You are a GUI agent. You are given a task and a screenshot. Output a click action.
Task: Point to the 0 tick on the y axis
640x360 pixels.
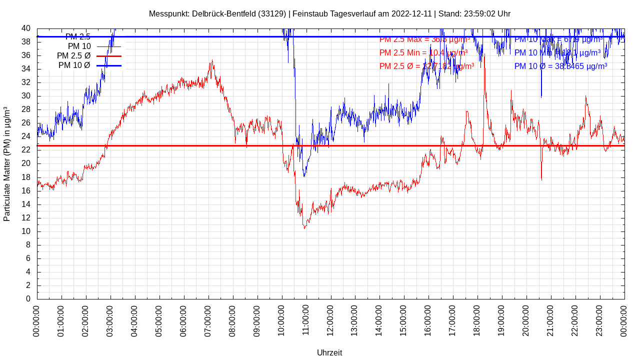click(x=28, y=298)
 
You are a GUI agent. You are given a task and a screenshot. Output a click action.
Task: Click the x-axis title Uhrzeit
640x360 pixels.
click(x=329, y=352)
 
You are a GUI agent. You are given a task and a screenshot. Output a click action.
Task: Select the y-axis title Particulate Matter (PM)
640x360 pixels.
click(x=7, y=164)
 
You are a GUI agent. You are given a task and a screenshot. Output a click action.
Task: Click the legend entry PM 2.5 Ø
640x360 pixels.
click(x=73, y=56)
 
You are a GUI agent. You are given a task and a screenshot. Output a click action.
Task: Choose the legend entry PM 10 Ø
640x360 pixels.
click(x=74, y=65)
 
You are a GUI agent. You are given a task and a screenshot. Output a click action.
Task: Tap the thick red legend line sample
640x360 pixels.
click(x=109, y=56)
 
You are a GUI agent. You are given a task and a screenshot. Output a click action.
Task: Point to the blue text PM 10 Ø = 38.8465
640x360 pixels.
click(x=560, y=66)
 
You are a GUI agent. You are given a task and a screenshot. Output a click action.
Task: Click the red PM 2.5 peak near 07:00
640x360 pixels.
click(x=212, y=61)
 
